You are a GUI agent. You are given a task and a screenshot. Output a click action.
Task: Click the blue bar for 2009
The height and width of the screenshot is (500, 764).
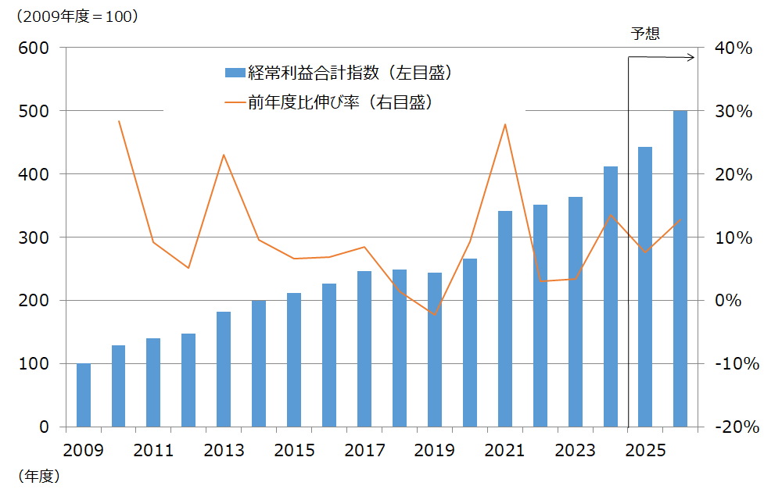click(84, 395)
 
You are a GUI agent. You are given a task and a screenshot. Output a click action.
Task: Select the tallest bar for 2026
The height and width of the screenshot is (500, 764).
click(680, 269)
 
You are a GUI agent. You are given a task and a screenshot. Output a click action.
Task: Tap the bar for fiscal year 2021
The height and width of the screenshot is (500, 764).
click(505, 319)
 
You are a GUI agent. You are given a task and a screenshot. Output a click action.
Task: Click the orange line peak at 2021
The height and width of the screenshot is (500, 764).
click(505, 124)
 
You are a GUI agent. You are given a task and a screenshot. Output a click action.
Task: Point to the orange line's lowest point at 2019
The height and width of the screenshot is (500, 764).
click(435, 314)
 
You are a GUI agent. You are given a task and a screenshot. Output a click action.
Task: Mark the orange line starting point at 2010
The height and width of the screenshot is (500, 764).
click(119, 121)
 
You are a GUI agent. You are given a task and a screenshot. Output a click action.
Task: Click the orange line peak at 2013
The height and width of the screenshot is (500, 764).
click(224, 155)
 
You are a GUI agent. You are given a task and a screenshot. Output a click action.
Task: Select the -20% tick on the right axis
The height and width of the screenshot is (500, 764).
click(734, 427)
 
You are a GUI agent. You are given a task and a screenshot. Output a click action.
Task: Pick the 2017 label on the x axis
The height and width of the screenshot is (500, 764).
click(364, 452)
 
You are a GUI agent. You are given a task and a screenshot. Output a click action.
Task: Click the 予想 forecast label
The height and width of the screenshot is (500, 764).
click(646, 33)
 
